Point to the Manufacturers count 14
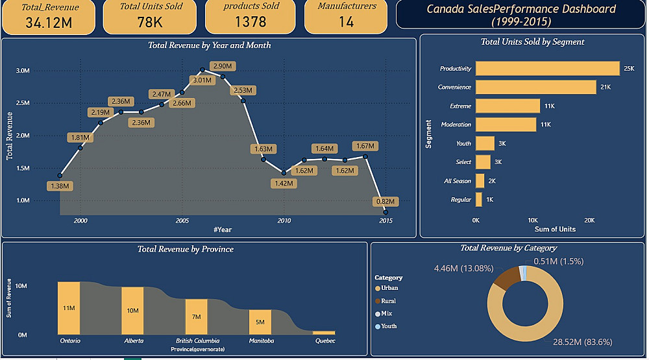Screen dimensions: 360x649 347,22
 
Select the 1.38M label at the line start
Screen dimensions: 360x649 60,186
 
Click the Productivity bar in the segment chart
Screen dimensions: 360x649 547,68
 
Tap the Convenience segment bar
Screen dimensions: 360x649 535,87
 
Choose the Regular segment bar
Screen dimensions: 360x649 479,200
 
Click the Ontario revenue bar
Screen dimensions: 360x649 69,307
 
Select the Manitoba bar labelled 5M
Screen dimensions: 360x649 260,322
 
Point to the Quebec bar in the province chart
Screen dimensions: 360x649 324,333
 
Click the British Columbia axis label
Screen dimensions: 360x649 197,341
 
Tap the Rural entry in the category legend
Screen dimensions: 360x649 388,301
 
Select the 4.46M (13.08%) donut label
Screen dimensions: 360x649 463,268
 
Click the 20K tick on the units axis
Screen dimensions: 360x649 589,221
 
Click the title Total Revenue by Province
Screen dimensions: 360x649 185,249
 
